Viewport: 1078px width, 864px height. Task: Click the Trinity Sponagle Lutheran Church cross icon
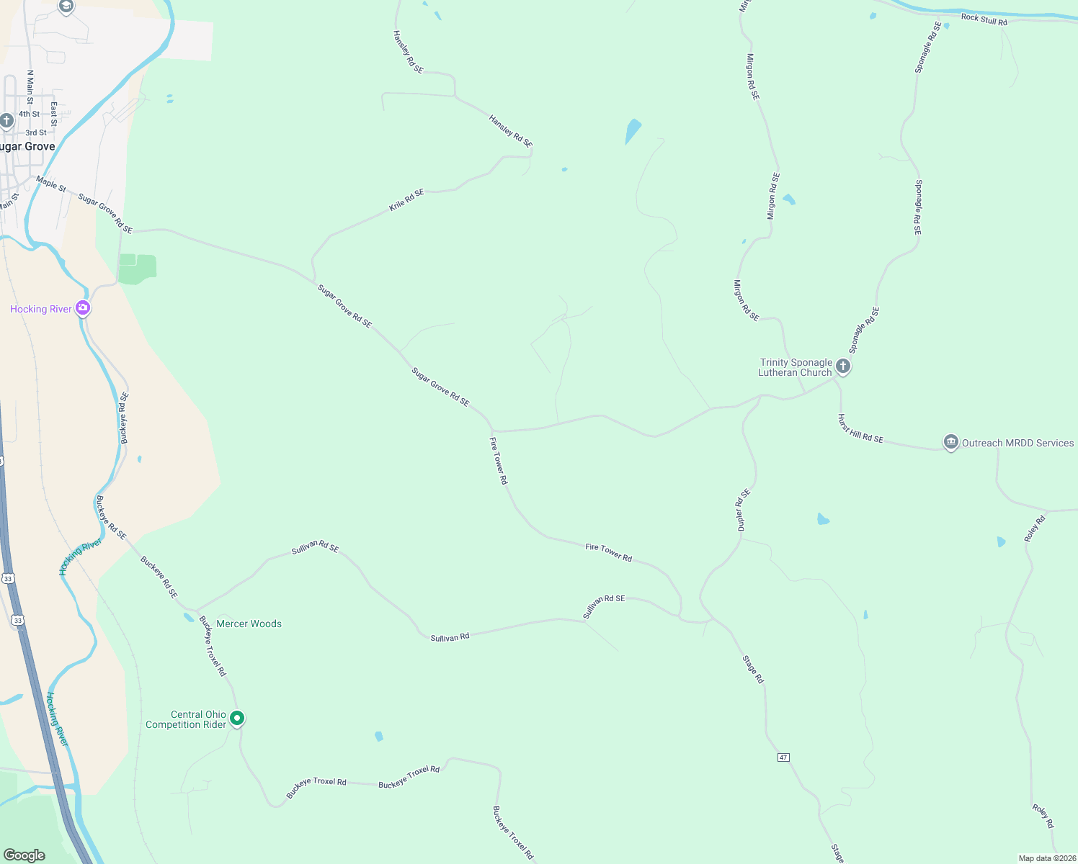tap(842, 366)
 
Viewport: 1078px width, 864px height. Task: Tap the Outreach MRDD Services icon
tap(950, 442)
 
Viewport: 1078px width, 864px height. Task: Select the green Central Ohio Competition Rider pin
tap(237, 718)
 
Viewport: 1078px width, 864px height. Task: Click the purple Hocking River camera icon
tap(84, 308)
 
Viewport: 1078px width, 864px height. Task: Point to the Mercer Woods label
tap(249, 624)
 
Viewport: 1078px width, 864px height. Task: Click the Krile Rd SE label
tap(406, 199)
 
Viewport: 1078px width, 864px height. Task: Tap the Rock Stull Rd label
tap(984, 19)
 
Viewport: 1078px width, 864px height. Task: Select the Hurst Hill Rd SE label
tap(860, 428)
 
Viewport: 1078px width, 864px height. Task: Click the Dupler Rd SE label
tap(743, 510)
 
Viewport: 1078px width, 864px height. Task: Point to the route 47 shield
tap(783, 757)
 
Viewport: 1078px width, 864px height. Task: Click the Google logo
tap(24, 855)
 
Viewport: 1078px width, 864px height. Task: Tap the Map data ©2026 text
tap(1046, 858)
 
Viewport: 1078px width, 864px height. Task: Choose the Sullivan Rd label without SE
tap(450, 638)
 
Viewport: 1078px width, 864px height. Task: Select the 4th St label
tap(30, 114)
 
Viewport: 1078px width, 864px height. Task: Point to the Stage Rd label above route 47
tap(753, 669)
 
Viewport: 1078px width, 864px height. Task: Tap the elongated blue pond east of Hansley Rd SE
tap(633, 131)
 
